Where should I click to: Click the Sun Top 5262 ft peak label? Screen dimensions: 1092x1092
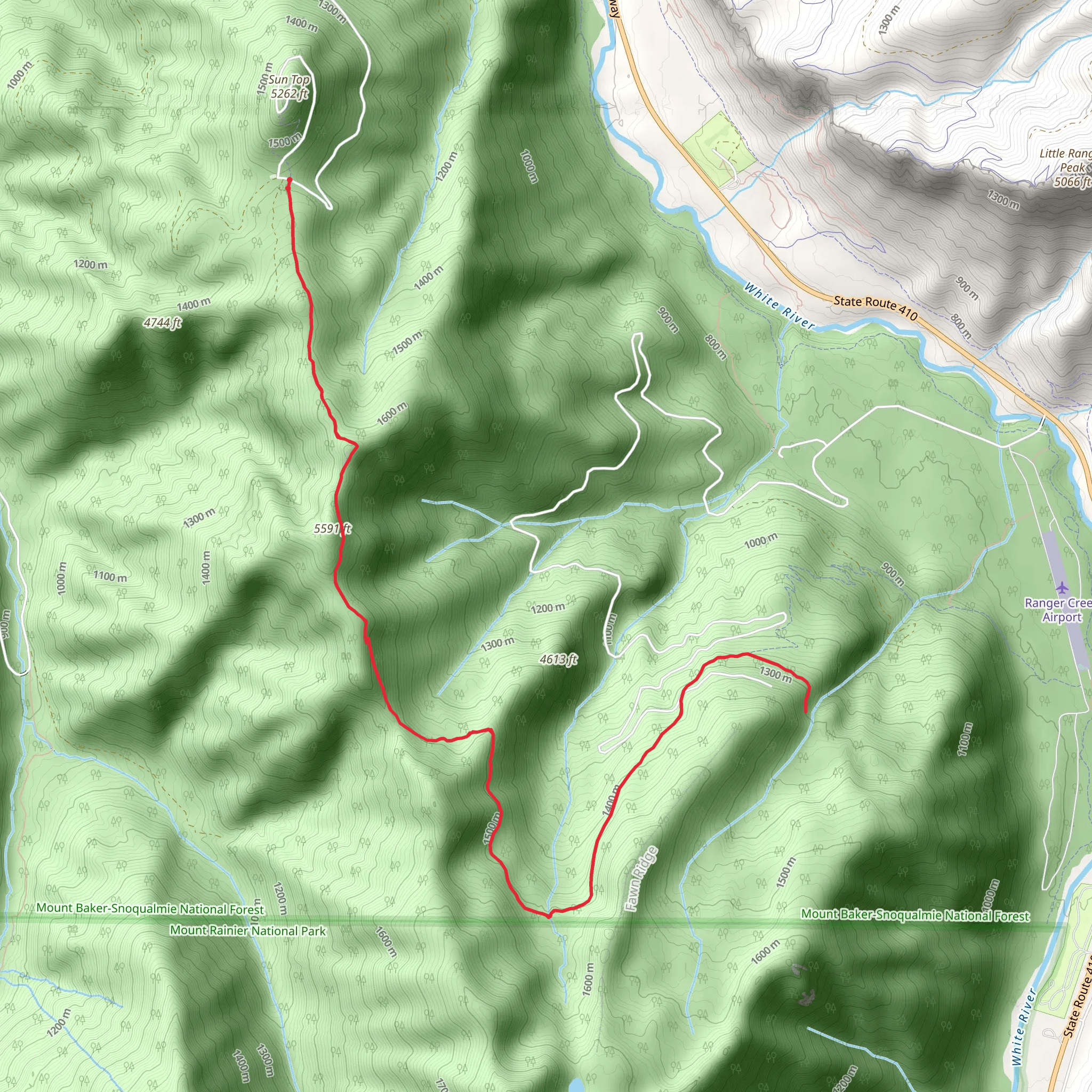point(289,86)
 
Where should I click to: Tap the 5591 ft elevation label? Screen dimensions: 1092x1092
point(332,528)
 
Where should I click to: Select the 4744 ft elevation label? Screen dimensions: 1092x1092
point(162,323)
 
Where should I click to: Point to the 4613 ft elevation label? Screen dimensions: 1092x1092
point(558,659)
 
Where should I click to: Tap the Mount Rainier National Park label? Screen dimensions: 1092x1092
point(248,930)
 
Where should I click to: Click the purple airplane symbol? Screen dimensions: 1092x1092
point(1062,588)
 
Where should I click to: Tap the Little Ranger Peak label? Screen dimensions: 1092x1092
point(1066,160)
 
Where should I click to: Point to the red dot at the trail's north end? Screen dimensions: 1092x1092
point(289,180)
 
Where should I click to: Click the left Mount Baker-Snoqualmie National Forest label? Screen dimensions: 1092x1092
point(150,909)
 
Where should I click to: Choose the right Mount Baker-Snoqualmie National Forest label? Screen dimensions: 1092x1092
point(915,915)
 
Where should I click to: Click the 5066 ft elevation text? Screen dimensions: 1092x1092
point(1072,181)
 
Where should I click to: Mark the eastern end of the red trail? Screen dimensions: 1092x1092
point(805,711)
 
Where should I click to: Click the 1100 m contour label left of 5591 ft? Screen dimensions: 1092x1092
point(110,576)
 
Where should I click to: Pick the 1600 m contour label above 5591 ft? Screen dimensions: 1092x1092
point(392,414)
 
